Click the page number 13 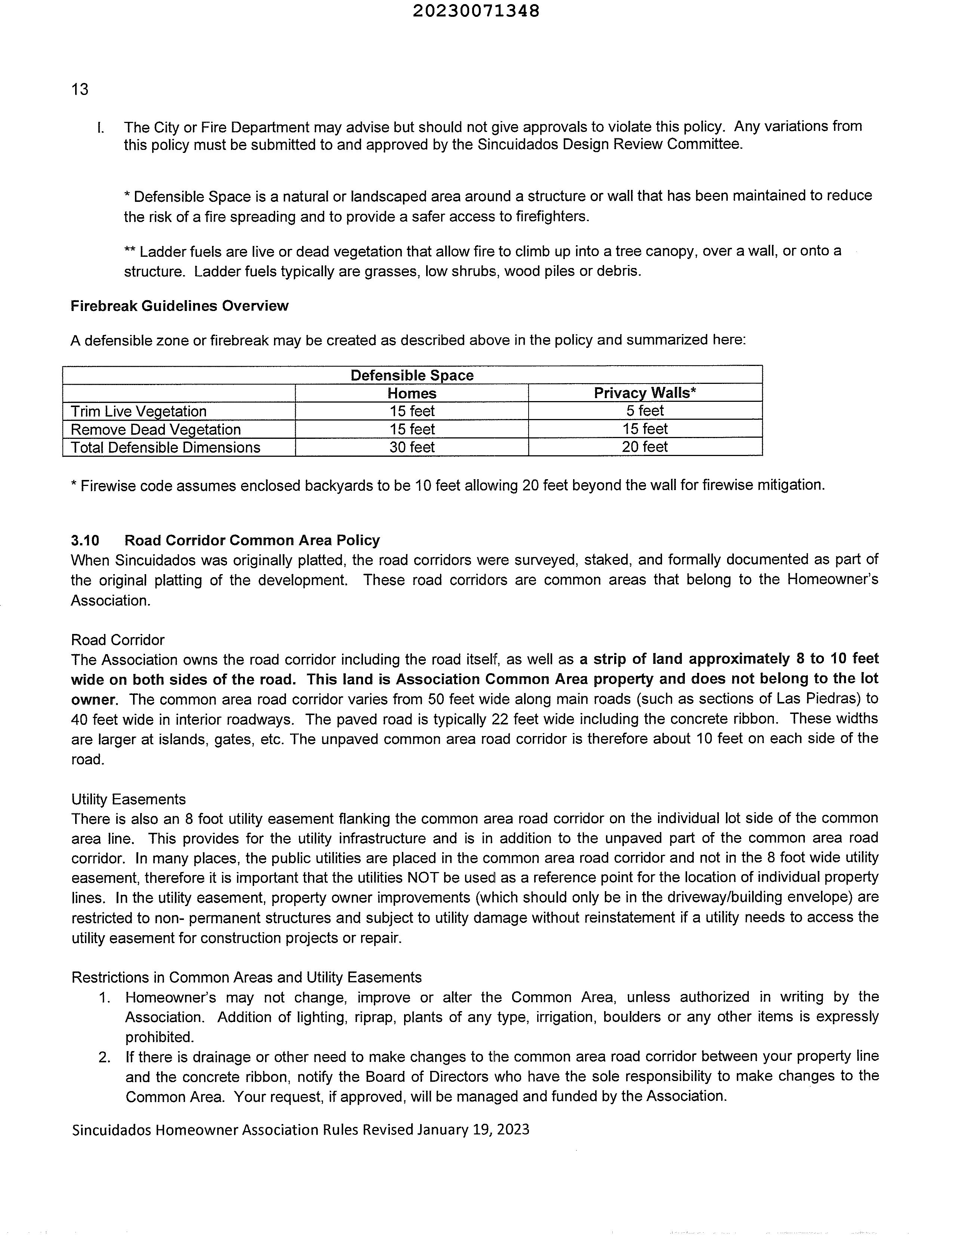(x=80, y=90)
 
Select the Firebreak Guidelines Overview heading (x=179, y=306)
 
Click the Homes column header (x=412, y=393)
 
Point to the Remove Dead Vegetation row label (x=156, y=429)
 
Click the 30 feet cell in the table (x=412, y=447)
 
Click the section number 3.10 (x=84, y=540)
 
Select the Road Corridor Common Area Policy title (x=252, y=540)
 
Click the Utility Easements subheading (x=128, y=799)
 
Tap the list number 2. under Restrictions (x=104, y=1057)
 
